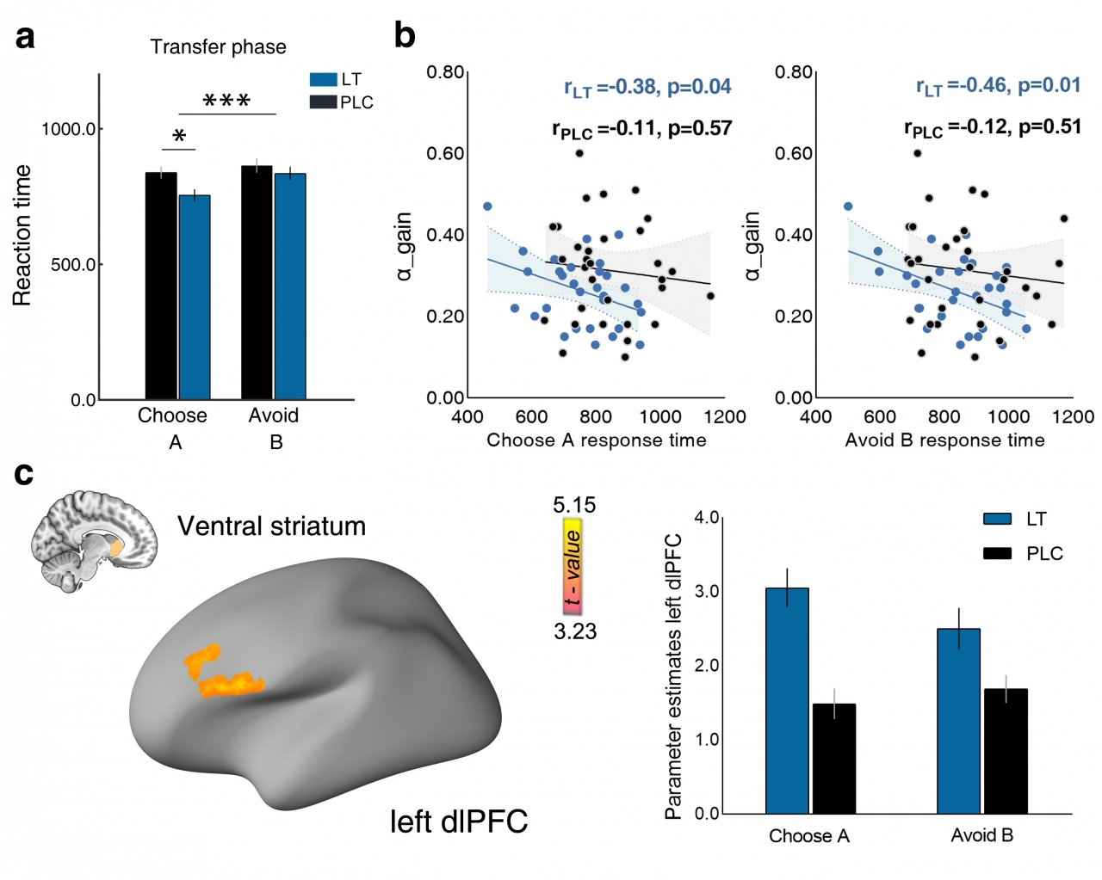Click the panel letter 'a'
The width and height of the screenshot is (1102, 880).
(x=26, y=38)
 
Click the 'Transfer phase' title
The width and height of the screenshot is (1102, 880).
(x=218, y=47)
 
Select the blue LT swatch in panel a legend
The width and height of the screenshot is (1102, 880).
(x=323, y=80)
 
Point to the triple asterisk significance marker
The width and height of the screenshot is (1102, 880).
(x=226, y=102)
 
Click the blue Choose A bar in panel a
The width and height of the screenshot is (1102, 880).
(x=195, y=297)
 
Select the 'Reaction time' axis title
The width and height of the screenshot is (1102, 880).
(x=22, y=236)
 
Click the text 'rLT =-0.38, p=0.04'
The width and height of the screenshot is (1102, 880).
(x=647, y=87)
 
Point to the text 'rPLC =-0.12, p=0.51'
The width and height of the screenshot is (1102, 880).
(x=992, y=127)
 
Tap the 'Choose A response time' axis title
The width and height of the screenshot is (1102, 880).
(x=596, y=440)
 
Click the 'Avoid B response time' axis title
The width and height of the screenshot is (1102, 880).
(x=944, y=440)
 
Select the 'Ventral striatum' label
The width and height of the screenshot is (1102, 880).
(x=271, y=526)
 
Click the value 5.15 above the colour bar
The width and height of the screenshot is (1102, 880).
(x=574, y=505)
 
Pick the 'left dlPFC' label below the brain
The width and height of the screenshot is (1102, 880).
(x=458, y=822)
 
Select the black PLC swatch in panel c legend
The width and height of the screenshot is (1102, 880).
(x=997, y=554)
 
